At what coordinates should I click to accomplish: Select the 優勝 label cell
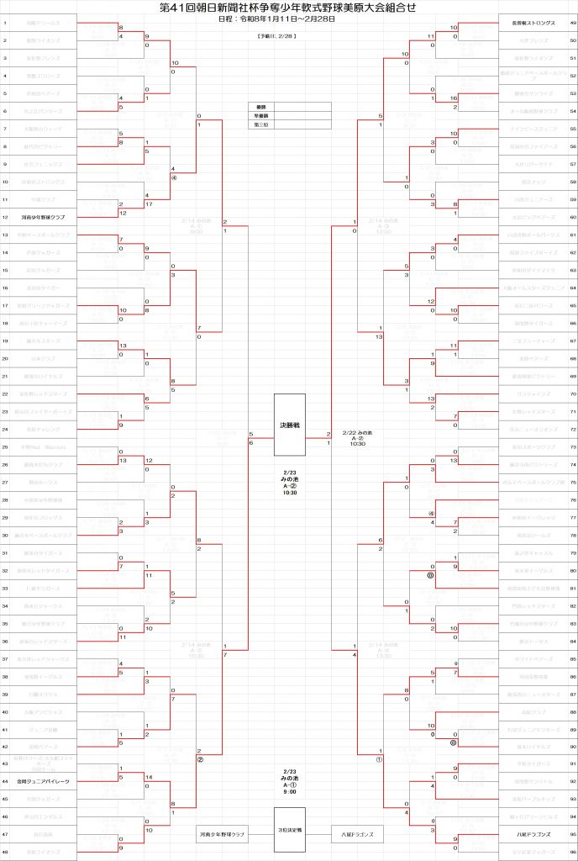(x=260, y=107)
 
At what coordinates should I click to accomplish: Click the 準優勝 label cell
(x=260, y=116)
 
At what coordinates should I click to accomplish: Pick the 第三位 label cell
(x=260, y=124)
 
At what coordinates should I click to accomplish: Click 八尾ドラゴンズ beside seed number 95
(x=528, y=834)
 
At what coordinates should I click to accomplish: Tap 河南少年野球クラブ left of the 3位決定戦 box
(x=221, y=835)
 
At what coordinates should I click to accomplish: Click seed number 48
(x=6, y=852)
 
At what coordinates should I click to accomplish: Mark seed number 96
(x=572, y=852)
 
